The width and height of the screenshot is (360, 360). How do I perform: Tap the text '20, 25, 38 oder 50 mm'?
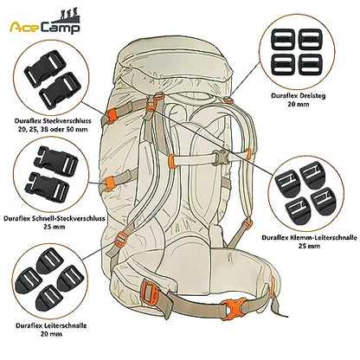[51, 129]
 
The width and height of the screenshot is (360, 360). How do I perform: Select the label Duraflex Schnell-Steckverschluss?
[55, 218]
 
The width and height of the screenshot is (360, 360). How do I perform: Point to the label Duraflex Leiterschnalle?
[51, 325]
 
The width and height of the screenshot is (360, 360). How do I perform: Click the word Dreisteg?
[311, 96]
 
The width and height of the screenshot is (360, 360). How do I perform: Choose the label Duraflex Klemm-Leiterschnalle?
[309, 238]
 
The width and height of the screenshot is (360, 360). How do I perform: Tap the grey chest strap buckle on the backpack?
[220, 157]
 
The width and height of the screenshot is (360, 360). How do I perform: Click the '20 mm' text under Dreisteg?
[299, 104]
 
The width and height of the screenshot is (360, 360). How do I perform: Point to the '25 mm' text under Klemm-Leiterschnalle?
[309, 246]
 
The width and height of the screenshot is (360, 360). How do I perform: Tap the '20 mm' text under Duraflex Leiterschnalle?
[51, 334]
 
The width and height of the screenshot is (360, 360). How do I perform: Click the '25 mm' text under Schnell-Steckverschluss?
[55, 227]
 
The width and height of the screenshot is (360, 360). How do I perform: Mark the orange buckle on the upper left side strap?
[111, 116]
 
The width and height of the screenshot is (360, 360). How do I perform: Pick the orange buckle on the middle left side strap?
[108, 183]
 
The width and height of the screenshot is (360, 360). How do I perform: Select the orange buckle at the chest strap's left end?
[171, 161]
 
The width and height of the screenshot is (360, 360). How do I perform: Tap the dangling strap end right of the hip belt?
[279, 306]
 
